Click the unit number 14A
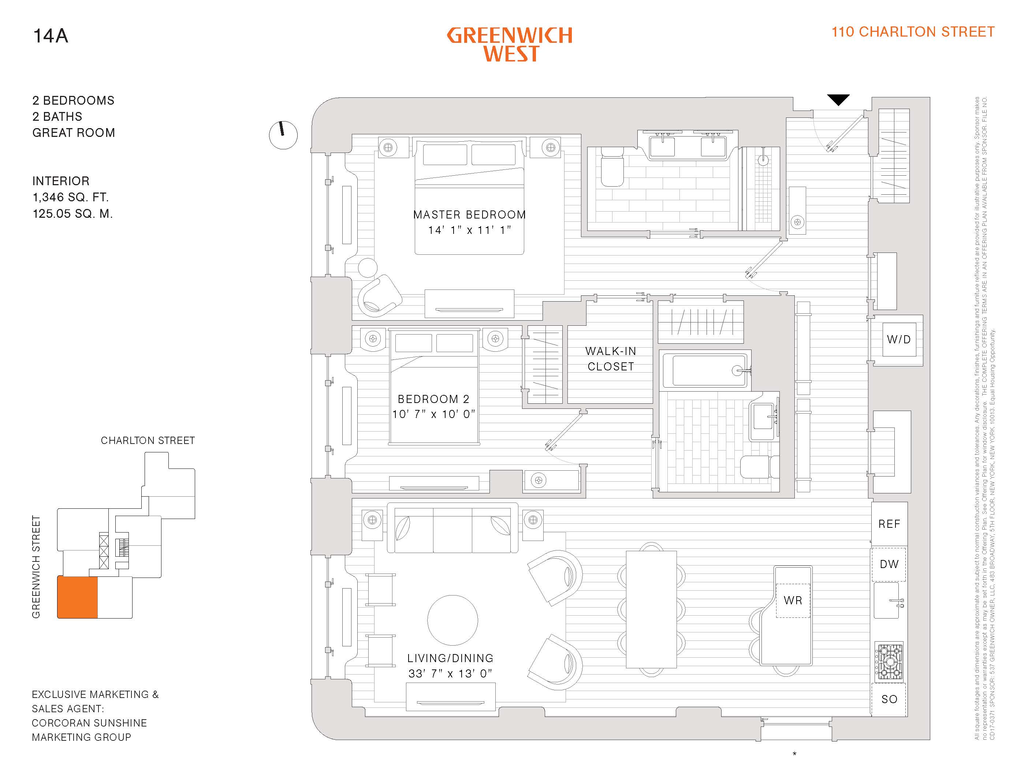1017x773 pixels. point(51,36)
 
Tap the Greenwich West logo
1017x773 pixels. point(510,45)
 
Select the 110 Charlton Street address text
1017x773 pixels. point(913,32)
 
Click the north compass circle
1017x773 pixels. point(283,135)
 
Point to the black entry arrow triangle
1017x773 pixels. point(838,100)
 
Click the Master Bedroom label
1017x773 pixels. point(469,215)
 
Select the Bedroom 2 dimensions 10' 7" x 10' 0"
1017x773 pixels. point(433,414)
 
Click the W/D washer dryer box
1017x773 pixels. point(899,340)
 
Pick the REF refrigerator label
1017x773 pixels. point(889,524)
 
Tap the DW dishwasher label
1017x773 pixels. point(889,564)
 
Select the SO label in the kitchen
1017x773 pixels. point(889,699)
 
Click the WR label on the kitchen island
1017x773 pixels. point(793,601)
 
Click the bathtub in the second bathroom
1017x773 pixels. point(709,370)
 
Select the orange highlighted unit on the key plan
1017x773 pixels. point(77,597)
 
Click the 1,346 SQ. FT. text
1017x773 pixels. point(70,197)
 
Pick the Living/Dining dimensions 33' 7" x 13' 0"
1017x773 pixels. point(450,673)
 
